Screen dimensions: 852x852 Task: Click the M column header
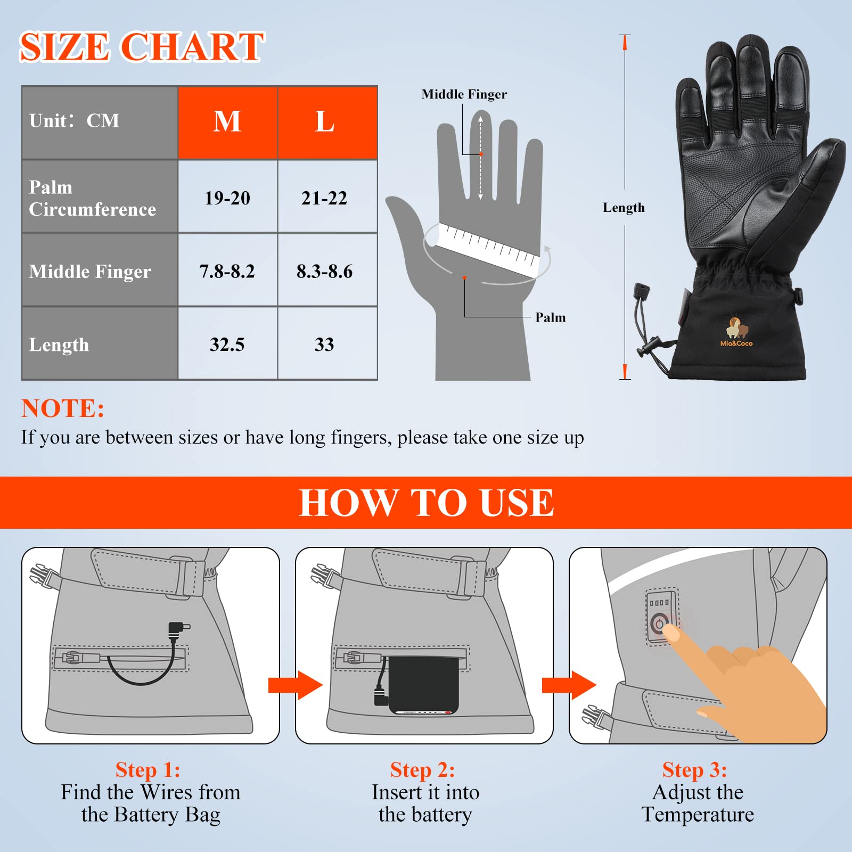227,122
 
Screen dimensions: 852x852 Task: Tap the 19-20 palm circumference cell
227,198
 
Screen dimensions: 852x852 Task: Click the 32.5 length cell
227,345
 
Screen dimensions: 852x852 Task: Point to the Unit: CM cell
100,122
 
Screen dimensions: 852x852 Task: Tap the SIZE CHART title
142,47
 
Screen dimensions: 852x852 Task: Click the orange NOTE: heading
63,408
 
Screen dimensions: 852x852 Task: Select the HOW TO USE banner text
426,503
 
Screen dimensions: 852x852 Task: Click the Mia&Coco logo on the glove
736,332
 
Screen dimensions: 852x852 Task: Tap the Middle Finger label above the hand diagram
464,94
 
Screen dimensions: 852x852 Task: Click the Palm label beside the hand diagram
551,317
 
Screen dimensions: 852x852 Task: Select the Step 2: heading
422,770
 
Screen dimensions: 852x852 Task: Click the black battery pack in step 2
424,686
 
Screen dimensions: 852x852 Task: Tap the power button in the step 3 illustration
660,622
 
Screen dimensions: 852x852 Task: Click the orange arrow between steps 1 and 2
296,685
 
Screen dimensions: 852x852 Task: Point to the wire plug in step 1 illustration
178,629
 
